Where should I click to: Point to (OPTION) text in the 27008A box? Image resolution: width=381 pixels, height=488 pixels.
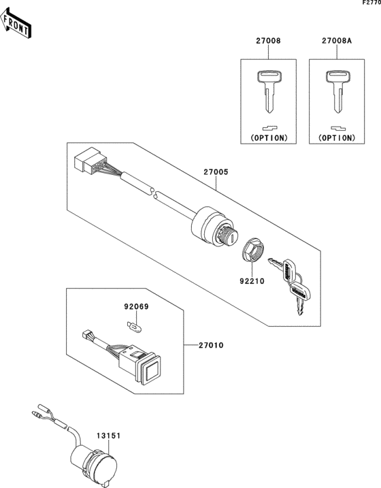335,137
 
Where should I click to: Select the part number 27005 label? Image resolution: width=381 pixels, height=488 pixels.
216,172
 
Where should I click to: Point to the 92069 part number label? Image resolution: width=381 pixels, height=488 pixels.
135,307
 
